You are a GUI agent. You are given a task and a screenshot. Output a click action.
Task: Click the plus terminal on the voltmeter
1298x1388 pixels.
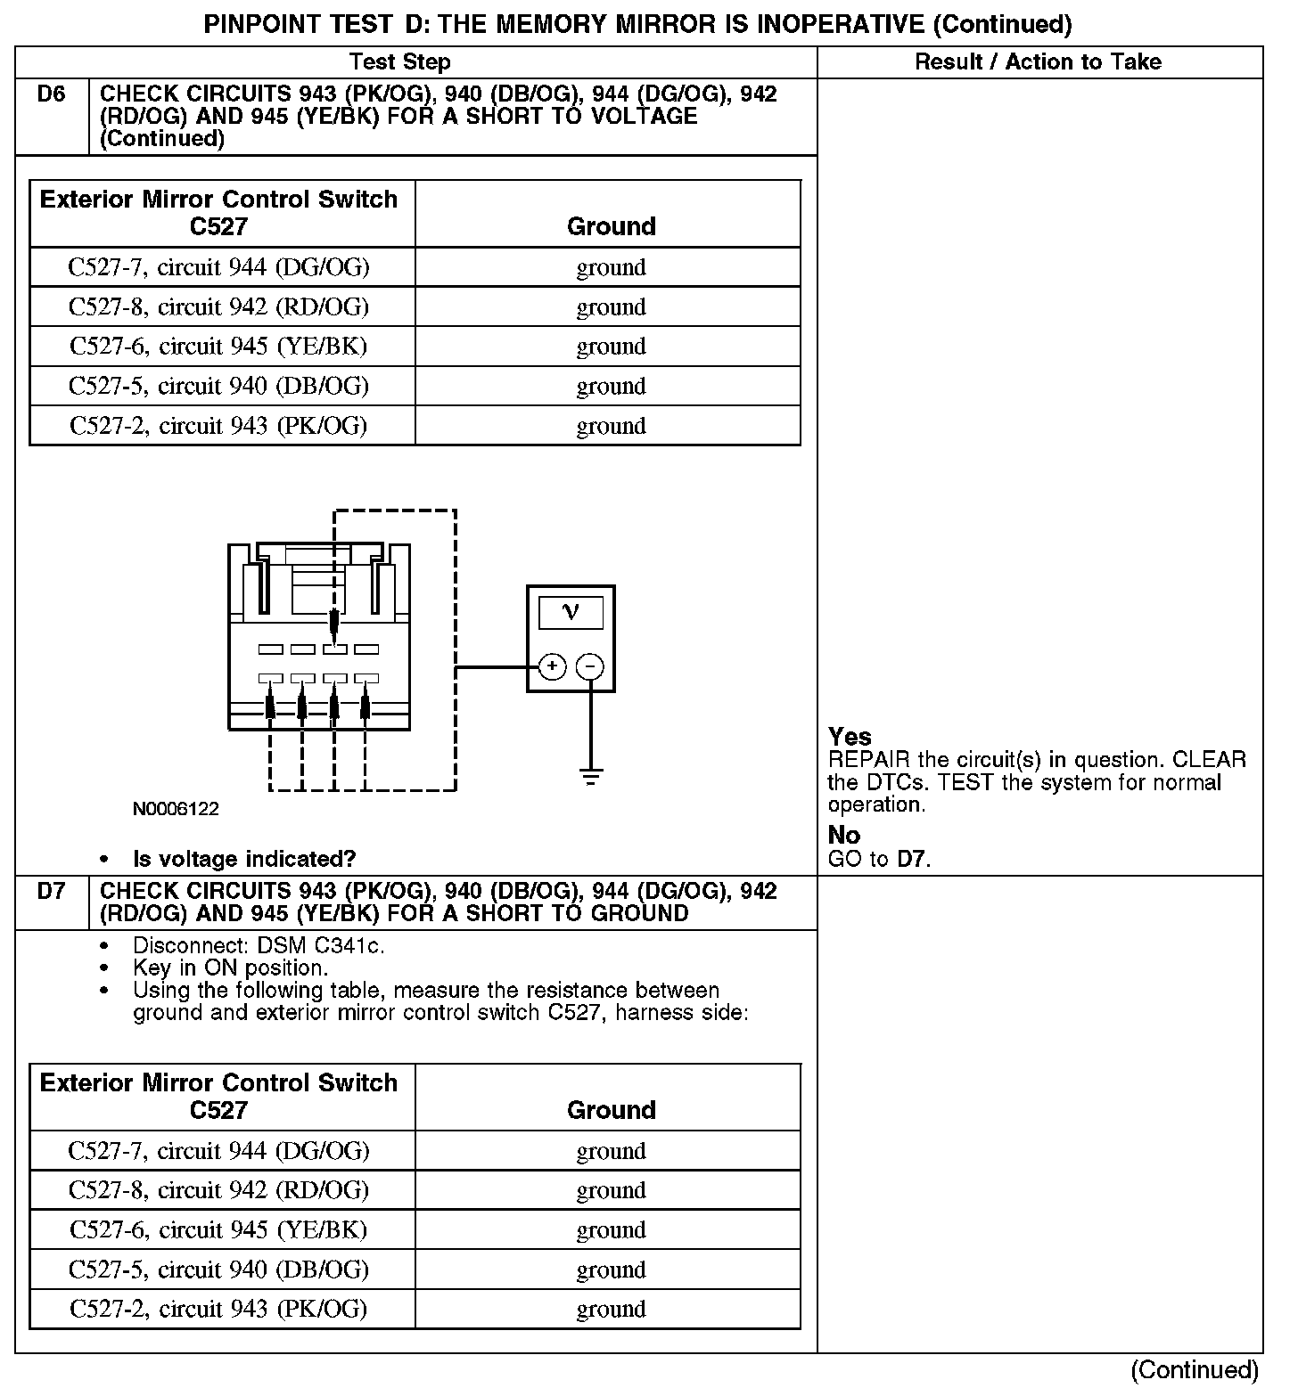[553, 666]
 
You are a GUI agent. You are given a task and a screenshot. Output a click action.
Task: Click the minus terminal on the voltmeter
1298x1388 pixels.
[589, 666]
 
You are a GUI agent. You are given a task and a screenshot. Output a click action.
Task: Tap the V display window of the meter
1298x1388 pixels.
[571, 612]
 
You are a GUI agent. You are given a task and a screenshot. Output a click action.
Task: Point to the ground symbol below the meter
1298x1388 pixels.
[590, 776]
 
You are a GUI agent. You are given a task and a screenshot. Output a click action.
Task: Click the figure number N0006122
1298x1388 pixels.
[176, 809]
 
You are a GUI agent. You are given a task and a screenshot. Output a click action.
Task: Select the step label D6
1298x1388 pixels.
[52, 94]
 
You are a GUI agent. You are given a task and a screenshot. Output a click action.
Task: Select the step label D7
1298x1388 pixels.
[52, 891]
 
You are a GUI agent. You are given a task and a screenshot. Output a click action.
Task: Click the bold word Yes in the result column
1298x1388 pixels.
[850, 737]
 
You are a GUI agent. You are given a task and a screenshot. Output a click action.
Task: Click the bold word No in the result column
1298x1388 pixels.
[843, 835]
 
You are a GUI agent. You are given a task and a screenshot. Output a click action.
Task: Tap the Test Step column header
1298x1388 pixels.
[399, 61]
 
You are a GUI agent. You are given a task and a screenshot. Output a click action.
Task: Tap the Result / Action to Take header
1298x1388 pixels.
[1038, 61]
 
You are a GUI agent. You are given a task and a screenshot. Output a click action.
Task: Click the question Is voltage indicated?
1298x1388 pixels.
[244, 859]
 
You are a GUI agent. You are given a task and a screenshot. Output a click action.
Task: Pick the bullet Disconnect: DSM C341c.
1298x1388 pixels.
[259, 945]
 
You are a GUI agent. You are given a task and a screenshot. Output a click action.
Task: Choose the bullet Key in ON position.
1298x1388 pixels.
[230, 968]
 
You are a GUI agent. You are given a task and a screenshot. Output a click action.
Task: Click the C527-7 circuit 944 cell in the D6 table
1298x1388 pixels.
[219, 267]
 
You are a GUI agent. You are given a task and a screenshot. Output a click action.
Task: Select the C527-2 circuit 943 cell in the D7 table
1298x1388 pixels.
[219, 1309]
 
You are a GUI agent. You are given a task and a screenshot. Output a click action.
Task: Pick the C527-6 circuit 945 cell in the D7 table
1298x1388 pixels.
[219, 1229]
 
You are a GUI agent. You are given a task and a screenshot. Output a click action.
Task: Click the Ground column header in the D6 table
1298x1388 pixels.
[611, 226]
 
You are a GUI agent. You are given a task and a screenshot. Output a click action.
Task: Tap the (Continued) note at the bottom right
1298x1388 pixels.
[1195, 1369]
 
